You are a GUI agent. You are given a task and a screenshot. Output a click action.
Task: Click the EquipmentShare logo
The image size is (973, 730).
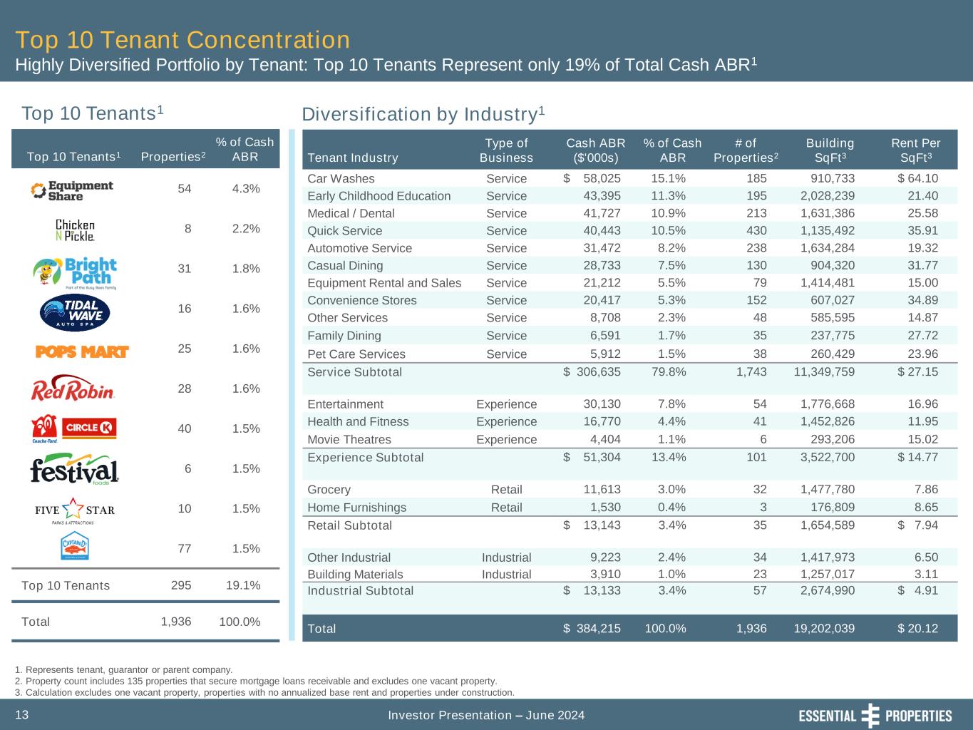tap(72, 190)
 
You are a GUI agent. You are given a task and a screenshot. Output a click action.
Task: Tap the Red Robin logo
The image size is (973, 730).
tap(73, 389)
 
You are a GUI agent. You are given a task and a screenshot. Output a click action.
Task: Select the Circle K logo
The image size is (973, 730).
tap(89, 428)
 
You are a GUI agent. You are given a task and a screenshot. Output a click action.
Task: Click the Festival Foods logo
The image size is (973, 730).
tap(74, 471)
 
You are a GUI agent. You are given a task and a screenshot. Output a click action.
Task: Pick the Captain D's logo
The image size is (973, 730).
tap(75, 547)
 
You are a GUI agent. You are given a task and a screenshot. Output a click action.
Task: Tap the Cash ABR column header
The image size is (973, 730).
tap(595, 150)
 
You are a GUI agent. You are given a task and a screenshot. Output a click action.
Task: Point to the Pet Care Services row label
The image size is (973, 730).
tap(356, 354)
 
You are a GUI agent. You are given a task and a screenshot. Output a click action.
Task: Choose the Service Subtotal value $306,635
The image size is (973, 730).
tap(592, 372)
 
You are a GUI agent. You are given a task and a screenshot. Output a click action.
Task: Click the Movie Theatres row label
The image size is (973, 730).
tap(349, 439)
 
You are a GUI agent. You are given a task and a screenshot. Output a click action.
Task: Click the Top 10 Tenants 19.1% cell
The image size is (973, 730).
tap(242, 585)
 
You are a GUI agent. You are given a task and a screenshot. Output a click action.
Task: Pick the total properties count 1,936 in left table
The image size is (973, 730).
tap(176, 622)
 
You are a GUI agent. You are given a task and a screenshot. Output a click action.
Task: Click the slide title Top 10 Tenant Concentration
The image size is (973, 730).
tap(182, 40)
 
